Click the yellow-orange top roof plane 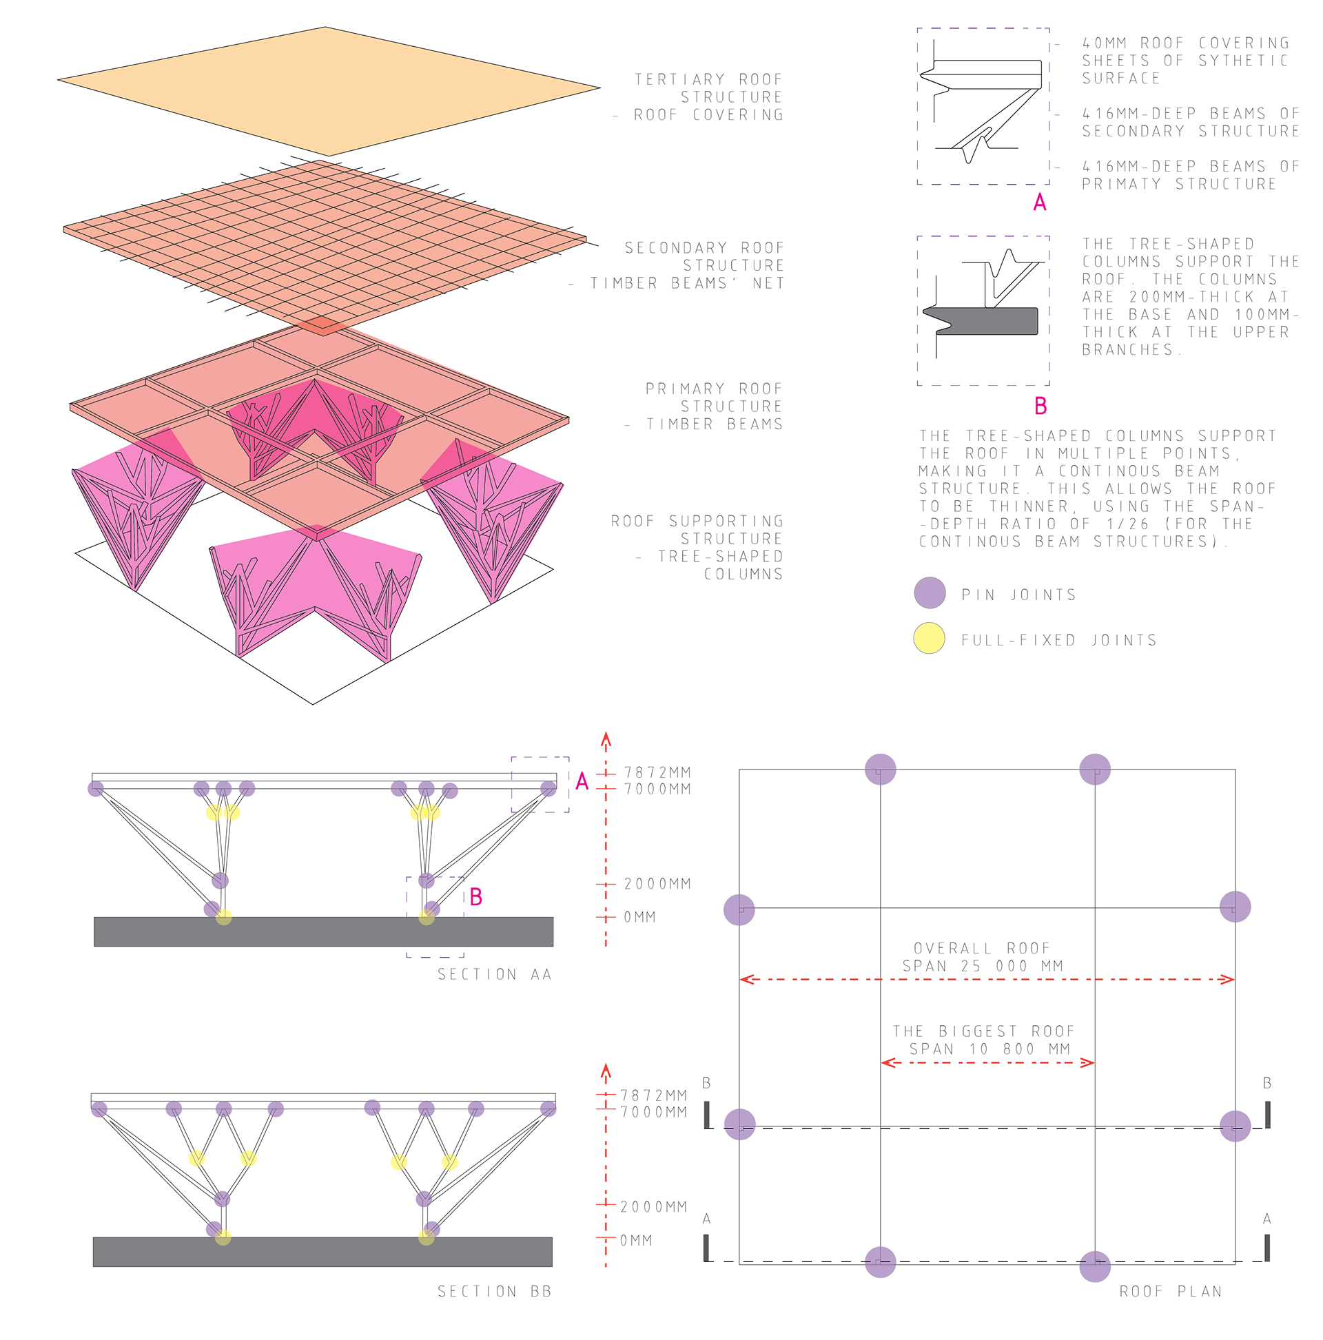326,90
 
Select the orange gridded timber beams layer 319,243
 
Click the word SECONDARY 676,248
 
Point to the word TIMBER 623,284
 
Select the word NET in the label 768,284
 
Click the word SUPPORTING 726,522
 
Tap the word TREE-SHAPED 720,557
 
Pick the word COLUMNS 743,575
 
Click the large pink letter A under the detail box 1039,203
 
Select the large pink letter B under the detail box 1040,406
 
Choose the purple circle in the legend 930,592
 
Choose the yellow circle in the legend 929,638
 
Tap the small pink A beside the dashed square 582,782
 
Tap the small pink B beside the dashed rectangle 476,898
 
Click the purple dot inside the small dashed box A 548,789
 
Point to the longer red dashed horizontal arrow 987,980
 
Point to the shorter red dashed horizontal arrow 987,1062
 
